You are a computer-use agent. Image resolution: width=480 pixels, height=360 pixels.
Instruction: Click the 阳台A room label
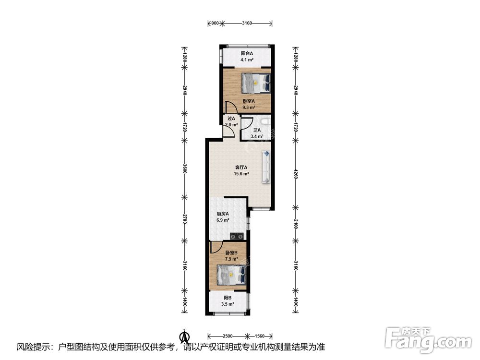tap(247, 53)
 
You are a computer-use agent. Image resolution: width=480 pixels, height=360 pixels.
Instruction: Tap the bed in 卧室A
tap(256, 83)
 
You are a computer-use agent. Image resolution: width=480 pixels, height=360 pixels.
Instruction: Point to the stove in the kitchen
tap(237, 236)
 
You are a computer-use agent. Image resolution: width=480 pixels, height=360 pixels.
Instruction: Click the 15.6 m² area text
tap(241, 174)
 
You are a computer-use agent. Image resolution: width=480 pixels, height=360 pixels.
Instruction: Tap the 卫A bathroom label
tap(257, 130)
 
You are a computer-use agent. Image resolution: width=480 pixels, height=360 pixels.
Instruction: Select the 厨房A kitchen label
tap(223, 214)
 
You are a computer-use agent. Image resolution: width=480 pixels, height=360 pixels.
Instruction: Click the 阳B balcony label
tap(228, 298)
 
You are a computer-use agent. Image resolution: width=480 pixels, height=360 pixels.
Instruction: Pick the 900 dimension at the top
tap(215, 23)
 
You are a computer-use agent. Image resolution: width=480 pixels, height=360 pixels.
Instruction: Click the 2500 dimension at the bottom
tap(228, 336)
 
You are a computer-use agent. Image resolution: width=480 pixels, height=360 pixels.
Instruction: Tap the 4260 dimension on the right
tap(295, 175)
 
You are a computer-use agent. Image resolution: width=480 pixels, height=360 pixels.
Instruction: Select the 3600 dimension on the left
tap(184, 168)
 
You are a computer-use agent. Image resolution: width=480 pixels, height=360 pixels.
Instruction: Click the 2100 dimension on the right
tap(295, 226)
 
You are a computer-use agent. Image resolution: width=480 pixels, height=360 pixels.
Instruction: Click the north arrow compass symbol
tap(185, 336)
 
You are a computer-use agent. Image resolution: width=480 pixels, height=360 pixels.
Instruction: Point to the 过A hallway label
tap(231, 119)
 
